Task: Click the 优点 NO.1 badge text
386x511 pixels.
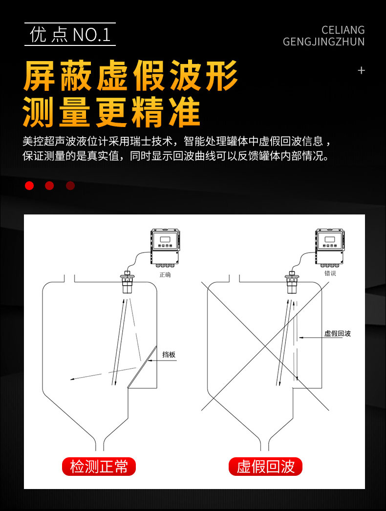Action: (70, 34)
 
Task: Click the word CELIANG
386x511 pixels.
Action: (343, 30)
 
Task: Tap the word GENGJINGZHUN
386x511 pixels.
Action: (323, 42)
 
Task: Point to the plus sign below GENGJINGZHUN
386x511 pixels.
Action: (361, 70)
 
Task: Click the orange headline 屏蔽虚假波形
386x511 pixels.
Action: (130, 76)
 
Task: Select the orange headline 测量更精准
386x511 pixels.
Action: (111, 111)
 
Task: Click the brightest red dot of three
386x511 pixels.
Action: (29, 186)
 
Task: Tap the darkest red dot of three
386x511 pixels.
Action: (70, 186)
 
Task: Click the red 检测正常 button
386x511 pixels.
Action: (99, 467)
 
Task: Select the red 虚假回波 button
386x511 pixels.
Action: (265, 467)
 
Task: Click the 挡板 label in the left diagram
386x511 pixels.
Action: (169, 355)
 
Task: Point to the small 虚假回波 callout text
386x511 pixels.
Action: (338, 333)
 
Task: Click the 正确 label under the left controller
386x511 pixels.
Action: (165, 275)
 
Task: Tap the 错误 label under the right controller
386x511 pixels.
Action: (330, 273)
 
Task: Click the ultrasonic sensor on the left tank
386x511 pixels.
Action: (127, 281)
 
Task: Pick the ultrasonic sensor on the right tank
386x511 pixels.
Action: (292, 281)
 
